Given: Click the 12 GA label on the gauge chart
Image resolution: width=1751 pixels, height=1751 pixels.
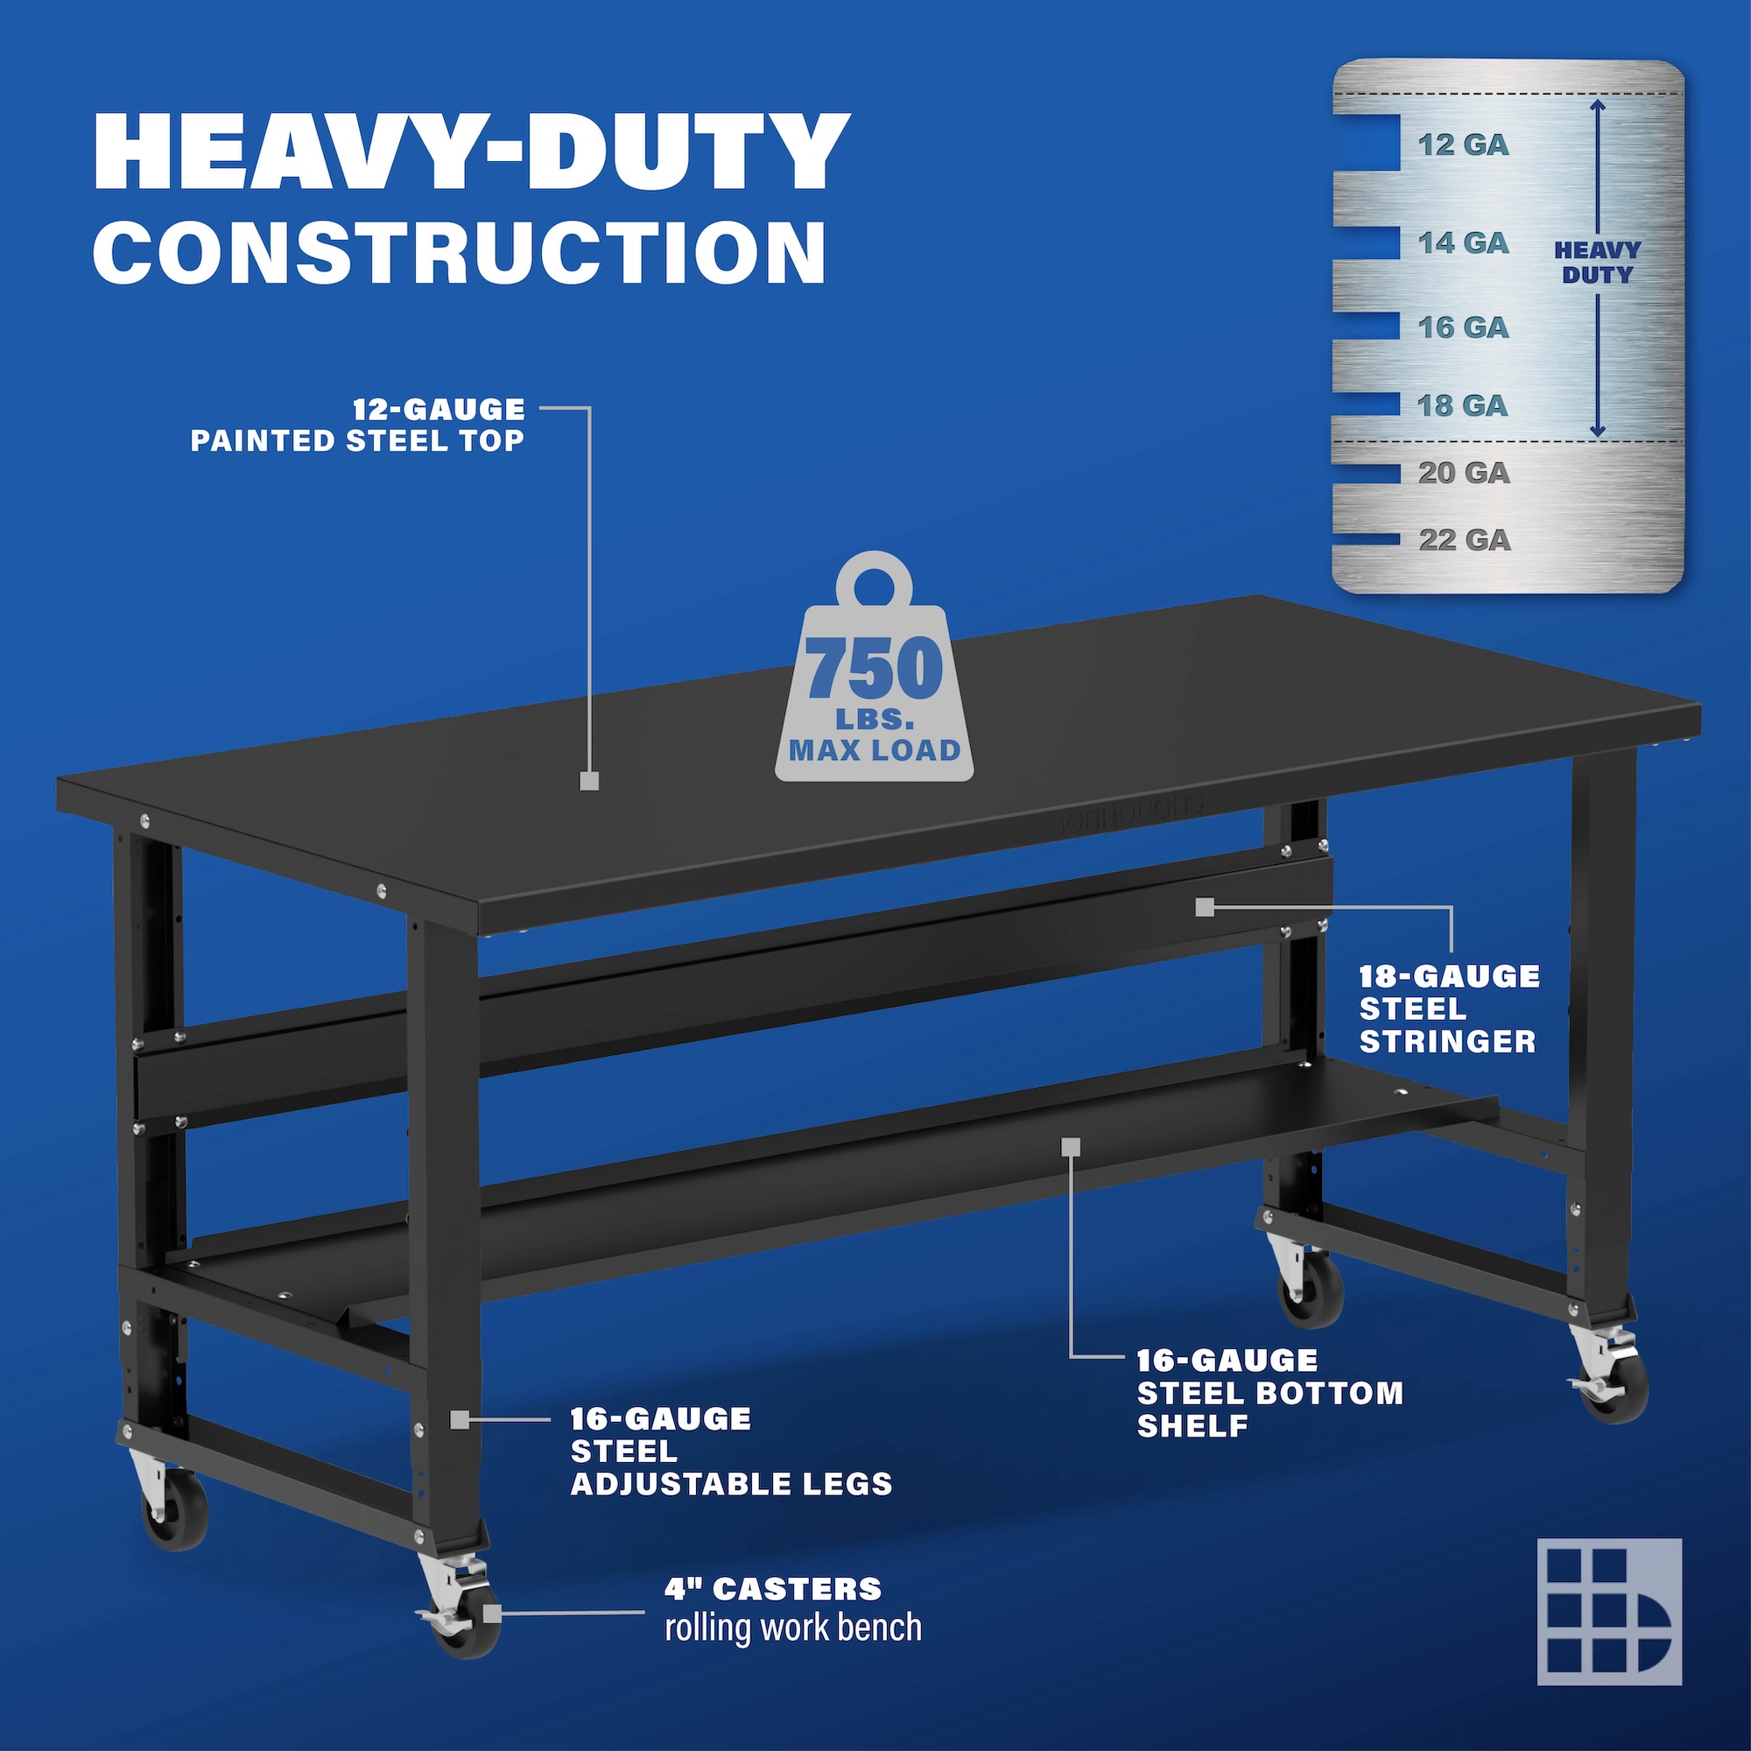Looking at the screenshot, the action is point(1463,145).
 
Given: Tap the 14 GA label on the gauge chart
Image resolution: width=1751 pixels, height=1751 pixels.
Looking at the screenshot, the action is point(1463,243).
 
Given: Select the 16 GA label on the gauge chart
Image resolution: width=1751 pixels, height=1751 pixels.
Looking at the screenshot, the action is point(1463,327).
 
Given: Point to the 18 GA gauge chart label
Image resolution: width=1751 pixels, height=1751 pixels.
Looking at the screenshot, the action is point(1463,405).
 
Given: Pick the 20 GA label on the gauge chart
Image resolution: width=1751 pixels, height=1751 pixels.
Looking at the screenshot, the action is point(1464,472).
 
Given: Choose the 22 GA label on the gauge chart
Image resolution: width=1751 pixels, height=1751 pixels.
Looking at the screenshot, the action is point(1465,540).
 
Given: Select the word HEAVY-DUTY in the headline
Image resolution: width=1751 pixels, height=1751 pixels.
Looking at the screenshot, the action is point(471,151).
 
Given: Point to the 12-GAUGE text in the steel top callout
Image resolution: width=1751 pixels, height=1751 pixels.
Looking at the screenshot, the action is point(439,410).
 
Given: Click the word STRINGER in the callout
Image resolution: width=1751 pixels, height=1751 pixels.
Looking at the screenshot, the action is point(1447,1041).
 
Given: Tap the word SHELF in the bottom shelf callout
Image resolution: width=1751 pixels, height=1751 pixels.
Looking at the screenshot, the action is point(1192,1425).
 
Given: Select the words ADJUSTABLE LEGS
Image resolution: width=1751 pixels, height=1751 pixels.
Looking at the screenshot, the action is point(731,1484).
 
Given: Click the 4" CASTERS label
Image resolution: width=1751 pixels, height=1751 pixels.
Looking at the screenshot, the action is point(773,1589).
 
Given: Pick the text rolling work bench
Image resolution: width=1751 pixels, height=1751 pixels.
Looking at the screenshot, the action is point(793,1627).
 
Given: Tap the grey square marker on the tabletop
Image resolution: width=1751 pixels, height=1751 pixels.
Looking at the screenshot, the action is point(589,780).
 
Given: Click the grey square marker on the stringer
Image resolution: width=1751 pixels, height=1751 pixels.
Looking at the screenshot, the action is point(1204,907).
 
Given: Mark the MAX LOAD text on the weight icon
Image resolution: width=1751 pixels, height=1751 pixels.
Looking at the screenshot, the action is point(875,750).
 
